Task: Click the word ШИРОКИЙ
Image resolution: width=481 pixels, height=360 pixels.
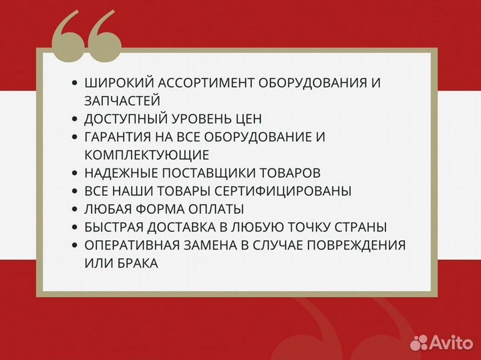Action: pos(117,83)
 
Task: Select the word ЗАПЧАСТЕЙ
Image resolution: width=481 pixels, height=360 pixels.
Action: pos(122,101)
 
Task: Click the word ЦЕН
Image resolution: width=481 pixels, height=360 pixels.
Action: pos(247,119)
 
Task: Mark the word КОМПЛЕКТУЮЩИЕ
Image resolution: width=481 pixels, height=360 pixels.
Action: pos(147,155)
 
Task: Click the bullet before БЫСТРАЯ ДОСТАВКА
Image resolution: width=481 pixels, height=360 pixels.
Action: pos(75,227)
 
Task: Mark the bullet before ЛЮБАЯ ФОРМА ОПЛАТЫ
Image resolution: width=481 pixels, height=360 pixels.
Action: pos(75,209)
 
